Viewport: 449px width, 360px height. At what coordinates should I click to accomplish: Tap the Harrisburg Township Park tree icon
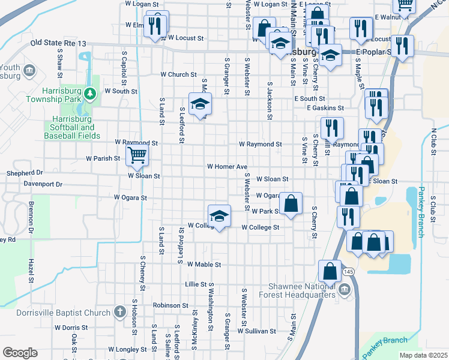pyautogui.click(x=89, y=93)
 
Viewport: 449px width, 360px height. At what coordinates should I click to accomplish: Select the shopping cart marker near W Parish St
pyautogui.click(x=137, y=156)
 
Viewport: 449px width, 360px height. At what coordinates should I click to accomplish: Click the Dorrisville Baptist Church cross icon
pyautogui.click(x=119, y=312)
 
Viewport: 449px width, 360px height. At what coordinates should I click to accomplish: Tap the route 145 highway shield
pyautogui.click(x=349, y=272)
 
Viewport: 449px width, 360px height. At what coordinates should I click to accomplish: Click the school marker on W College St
pyautogui.click(x=220, y=216)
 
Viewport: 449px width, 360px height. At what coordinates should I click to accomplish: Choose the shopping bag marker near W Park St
pyautogui.click(x=291, y=203)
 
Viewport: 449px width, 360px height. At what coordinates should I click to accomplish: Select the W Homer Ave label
pyautogui.click(x=228, y=166)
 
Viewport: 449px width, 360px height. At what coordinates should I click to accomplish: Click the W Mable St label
pyautogui.click(x=204, y=264)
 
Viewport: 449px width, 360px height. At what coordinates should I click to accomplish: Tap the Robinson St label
pyautogui.click(x=171, y=305)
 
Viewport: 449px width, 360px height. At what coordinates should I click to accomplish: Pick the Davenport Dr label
pyautogui.click(x=43, y=184)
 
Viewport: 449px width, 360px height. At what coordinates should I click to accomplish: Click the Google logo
pyautogui.click(x=20, y=353)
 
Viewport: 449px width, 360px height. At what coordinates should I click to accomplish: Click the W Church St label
pyautogui.click(x=178, y=75)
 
